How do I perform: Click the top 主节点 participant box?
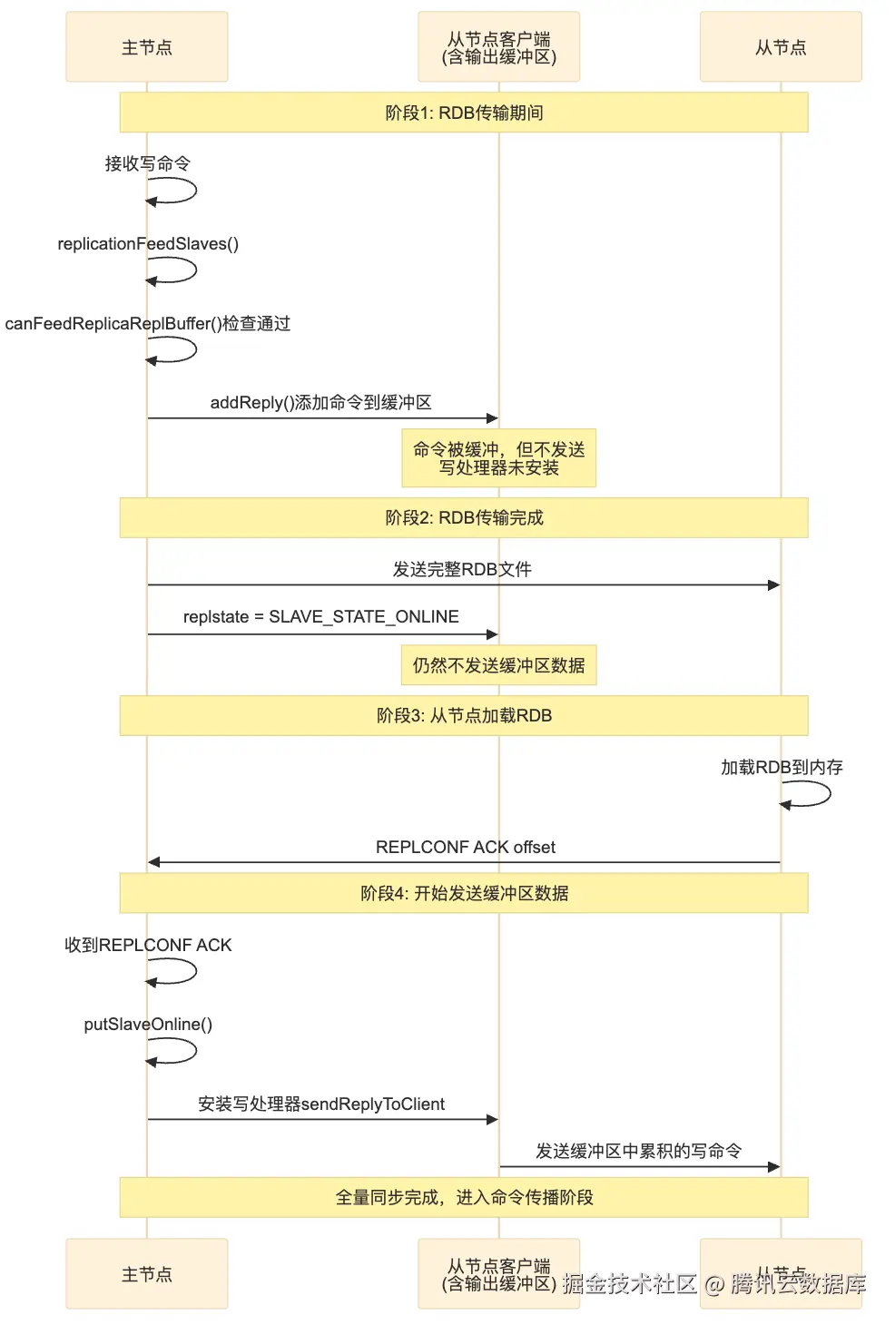pos(146,47)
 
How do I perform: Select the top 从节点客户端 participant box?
pos(498,47)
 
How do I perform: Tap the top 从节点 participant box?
pos(781,47)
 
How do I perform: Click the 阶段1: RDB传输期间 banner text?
pos(464,113)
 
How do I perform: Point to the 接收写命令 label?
pos(147,163)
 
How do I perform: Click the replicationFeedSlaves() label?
pos(148,243)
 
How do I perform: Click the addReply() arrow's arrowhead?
pos(492,418)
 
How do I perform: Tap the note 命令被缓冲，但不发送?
pos(498,458)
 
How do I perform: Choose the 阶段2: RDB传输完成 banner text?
pos(464,517)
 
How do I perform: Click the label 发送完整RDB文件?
pos(462,569)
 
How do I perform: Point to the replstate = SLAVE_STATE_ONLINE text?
pos(320,616)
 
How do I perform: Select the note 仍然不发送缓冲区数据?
pos(498,665)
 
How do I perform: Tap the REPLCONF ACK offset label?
pos(465,847)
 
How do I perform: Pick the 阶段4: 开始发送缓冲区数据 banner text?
pos(464,893)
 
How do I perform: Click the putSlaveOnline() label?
pos(148,1024)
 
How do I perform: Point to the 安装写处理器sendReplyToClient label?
pos(321,1104)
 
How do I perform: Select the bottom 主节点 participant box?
pos(146,1274)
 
